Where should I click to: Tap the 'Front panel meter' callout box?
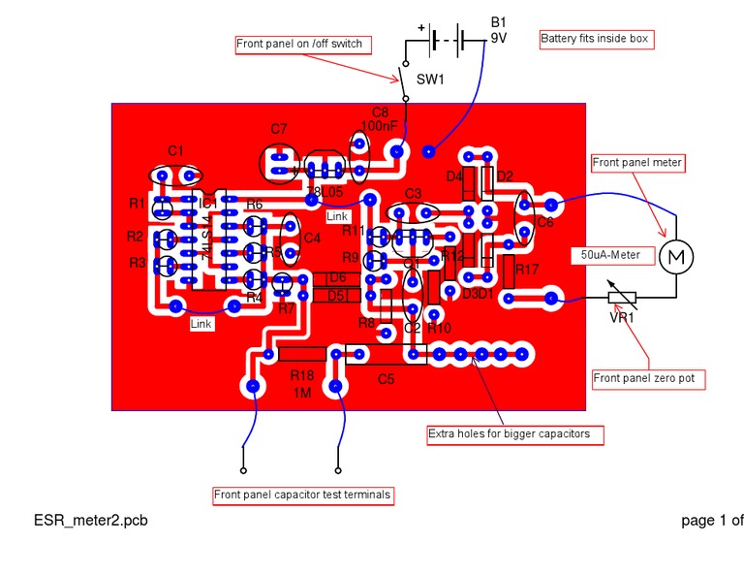coord(637,162)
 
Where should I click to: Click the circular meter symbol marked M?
coord(676,257)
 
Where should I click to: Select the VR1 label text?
coord(621,317)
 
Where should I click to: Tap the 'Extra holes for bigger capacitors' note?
coord(509,433)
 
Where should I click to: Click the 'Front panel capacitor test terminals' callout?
coord(303,495)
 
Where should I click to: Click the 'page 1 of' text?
coord(712,521)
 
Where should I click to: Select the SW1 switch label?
coord(430,80)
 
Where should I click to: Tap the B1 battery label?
coord(498,21)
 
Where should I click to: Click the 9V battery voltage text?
coord(499,39)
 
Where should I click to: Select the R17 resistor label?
coord(527,269)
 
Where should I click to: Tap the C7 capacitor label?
coord(279,129)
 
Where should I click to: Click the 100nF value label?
coord(378,126)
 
